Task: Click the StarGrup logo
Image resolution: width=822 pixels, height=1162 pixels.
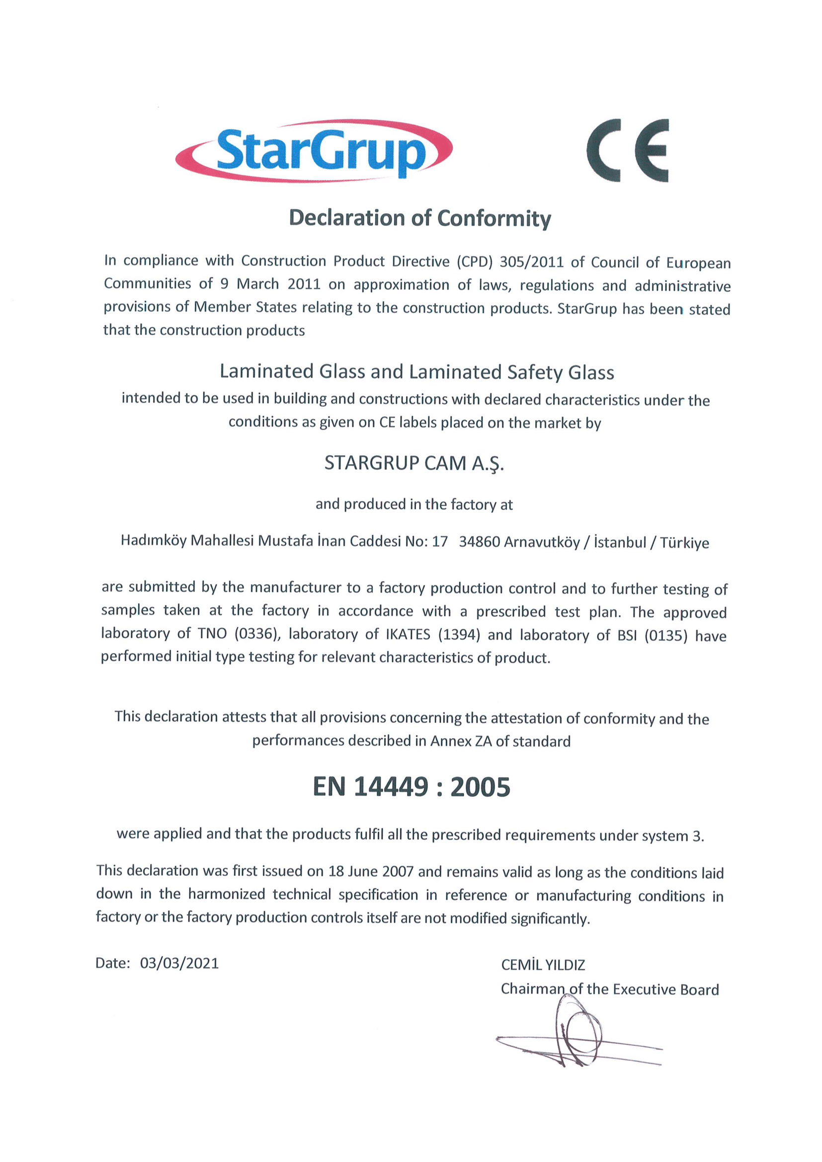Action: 314,150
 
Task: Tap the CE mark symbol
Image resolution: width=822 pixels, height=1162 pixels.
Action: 628,150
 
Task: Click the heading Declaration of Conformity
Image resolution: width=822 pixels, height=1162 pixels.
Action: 419,218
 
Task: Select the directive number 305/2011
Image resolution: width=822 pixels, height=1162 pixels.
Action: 531,261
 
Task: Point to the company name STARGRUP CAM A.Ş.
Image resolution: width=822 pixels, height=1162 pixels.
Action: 414,463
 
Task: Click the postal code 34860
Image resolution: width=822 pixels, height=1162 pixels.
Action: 479,542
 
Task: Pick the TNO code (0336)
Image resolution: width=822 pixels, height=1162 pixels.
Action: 256,634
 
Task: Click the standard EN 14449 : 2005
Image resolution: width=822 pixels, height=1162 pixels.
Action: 411,787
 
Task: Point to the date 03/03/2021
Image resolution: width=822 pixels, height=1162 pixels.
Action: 179,963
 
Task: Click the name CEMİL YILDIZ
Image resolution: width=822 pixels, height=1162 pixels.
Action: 543,965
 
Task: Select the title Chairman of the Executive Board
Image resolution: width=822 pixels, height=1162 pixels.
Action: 609,989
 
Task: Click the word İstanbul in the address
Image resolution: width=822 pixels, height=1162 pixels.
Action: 620,542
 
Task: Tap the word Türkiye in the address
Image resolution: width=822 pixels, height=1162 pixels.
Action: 684,543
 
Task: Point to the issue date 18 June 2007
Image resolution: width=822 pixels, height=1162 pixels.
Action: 371,871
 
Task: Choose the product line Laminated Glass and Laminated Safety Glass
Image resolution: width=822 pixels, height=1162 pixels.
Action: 416,372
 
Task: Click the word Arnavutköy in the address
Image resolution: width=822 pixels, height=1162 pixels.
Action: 542,542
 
